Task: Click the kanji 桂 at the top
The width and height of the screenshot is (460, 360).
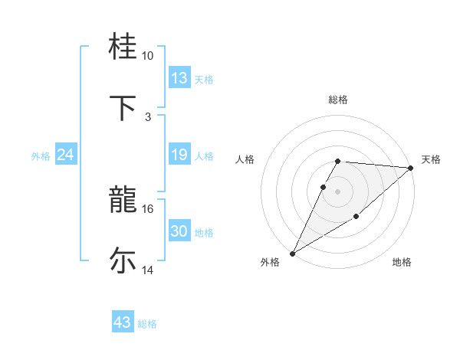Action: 124,47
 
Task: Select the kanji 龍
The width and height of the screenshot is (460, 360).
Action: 124,201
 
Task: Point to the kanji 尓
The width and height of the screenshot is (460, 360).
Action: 124,260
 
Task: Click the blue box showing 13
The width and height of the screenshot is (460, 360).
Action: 179,78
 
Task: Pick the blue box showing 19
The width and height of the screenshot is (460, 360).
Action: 179,155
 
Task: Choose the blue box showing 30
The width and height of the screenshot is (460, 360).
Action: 179,231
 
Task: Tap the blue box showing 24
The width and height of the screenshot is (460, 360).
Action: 65,155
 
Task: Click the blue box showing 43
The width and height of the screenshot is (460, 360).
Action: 122,322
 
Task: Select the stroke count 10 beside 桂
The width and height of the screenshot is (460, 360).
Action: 148,56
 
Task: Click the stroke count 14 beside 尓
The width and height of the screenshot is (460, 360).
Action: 148,270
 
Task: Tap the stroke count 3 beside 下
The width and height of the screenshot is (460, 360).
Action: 148,116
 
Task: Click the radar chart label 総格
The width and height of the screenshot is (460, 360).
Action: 338,100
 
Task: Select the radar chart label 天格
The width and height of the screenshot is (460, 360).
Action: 431,159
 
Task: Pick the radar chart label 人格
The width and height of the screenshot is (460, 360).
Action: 245,159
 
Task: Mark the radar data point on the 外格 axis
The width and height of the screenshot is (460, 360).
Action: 292,253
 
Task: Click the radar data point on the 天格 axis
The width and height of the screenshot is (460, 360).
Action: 410,168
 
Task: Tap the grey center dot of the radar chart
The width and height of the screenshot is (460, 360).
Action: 338,191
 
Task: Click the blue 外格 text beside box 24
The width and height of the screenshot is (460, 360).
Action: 41,156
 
